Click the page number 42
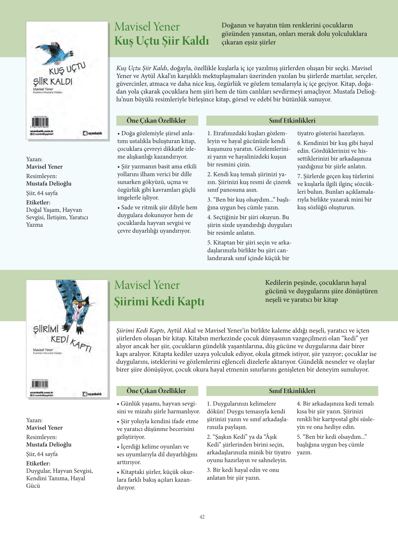coord(202,517)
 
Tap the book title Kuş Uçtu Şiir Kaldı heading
coord(161,41)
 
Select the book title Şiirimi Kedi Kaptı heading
coord(159,301)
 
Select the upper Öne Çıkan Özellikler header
coord(156,120)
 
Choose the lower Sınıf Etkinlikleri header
coord(292,391)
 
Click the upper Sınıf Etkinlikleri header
coord(292,120)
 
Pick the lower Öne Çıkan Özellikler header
coord(156,391)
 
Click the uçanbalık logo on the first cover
coord(92,133)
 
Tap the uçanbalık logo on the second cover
coord(92,394)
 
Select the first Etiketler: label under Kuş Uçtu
coord(38,203)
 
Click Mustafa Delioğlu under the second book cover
coord(49,444)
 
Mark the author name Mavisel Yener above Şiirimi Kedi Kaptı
coord(147,285)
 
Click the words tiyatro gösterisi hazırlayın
coord(331,133)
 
